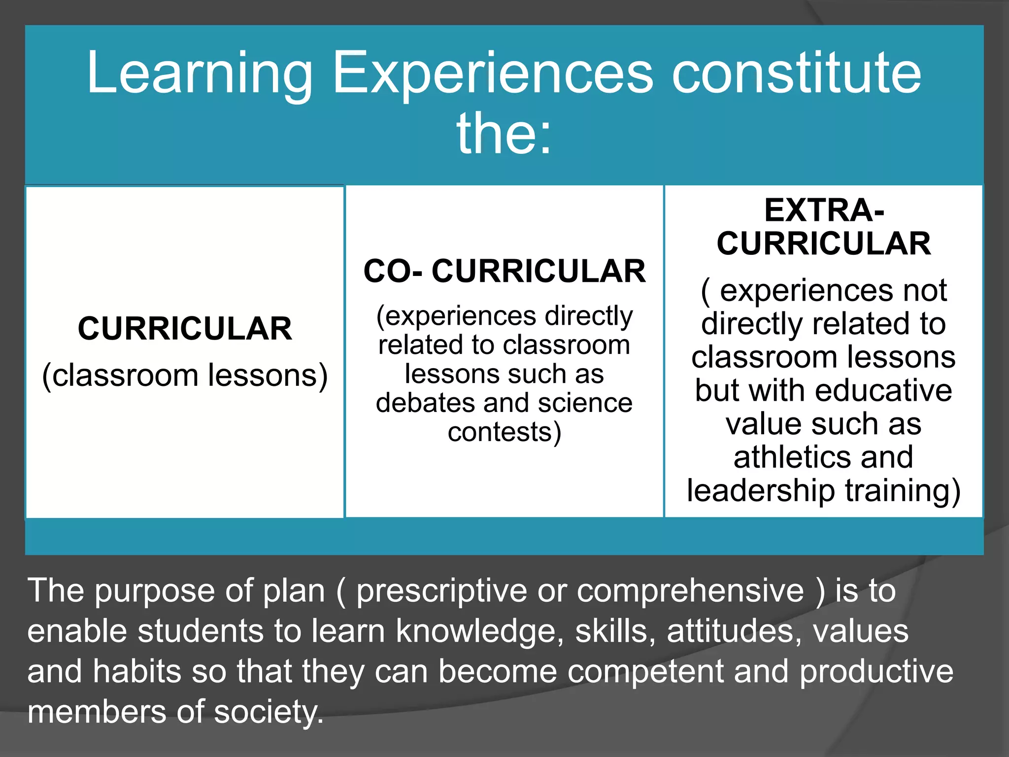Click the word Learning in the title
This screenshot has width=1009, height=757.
click(x=200, y=74)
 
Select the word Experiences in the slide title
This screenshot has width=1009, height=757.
click(x=493, y=74)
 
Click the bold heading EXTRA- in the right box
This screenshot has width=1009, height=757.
click(x=824, y=210)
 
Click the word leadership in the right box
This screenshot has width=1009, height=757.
click(x=761, y=490)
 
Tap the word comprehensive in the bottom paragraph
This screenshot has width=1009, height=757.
click(x=690, y=591)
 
